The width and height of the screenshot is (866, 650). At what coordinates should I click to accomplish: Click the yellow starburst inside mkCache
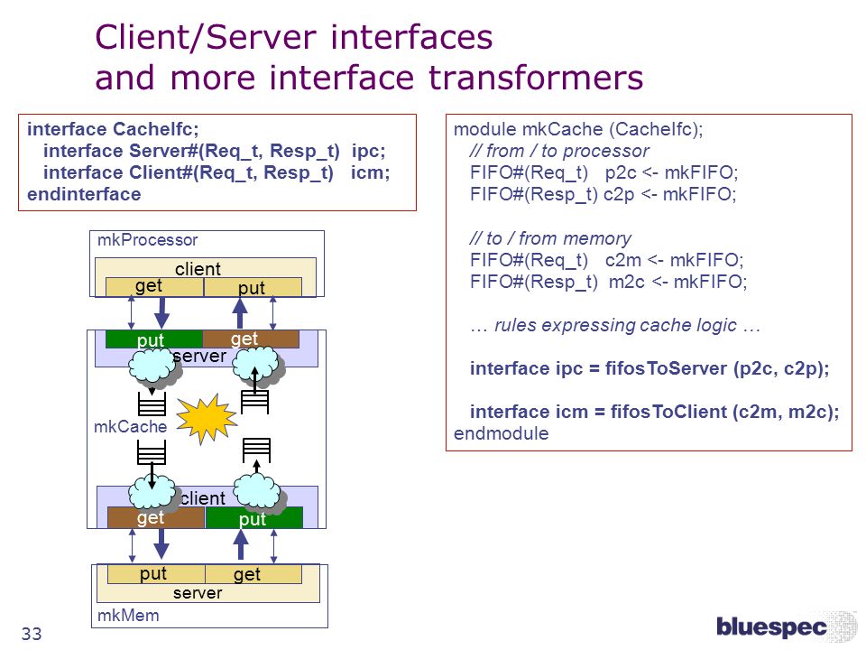pyautogui.click(x=206, y=418)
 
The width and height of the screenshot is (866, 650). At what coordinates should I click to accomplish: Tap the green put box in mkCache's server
pyautogui.click(x=154, y=339)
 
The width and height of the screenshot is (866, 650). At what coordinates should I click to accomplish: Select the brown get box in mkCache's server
pyautogui.click(x=251, y=339)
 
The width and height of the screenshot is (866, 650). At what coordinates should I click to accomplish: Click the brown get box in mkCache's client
pyautogui.click(x=156, y=517)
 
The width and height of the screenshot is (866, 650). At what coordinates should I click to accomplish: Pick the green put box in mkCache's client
pyautogui.click(x=254, y=517)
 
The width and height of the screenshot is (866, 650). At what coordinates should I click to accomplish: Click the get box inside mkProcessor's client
pyautogui.click(x=154, y=287)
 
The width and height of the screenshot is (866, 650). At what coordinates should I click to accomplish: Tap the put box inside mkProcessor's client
pyautogui.click(x=253, y=287)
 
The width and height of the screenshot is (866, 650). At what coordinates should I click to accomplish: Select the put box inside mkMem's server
pyautogui.click(x=156, y=574)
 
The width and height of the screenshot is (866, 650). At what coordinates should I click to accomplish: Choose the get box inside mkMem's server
pyautogui.click(x=253, y=574)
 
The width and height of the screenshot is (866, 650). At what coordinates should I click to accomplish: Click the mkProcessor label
pyautogui.click(x=147, y=240)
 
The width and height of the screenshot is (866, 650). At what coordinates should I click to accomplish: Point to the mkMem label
pyautogui.click(x=128, y=615)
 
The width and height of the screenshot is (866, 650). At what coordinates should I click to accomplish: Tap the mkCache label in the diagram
pyautogui.click(x=130, y=426)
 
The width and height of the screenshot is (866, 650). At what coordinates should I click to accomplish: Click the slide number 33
pyautogui.click(x=32, y=634)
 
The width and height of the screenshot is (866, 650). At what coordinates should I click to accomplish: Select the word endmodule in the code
pyautogui.click(x=501, y=433)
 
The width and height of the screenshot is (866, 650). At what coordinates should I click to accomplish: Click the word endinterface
pyautogui.click(x=84, y=194)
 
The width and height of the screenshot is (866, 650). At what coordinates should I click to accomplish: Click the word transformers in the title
pyautogui.click(x=536, y=78)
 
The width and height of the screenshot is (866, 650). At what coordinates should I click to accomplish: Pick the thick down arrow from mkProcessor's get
pyautogui.click(x=161, y=313)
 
